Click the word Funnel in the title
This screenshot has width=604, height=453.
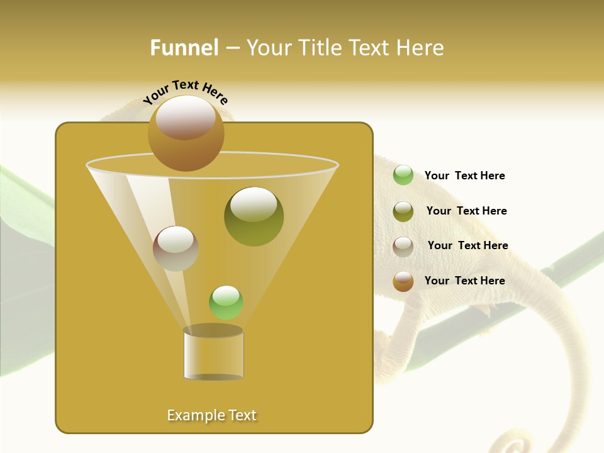[x=184, y=48]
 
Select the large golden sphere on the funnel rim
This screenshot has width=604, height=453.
[x=186, y=133]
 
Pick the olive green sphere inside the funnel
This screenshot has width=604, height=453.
[x=254, y=216]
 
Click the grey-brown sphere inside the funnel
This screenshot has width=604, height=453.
[x=176, y=249]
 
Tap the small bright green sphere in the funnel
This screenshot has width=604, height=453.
[x=226, y=303]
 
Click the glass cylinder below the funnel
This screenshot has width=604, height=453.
[x=213, y=356]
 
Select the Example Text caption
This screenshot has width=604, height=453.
[x=211, y=415]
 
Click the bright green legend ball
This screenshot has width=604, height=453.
[x=403, y=176]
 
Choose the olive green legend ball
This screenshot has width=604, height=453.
[x=403, y=211]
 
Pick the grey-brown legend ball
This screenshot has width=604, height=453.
[x=403, y=246]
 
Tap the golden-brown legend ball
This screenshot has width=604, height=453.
[x=403, y=281]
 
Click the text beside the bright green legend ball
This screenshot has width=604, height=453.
[x=464, y=176]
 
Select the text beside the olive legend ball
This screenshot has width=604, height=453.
[x=466, y=211]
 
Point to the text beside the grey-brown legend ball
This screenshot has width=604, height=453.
[x=467, y=245]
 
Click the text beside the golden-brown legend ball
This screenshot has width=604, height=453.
[x=464, y=281]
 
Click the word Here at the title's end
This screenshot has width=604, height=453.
[x=420, y=48]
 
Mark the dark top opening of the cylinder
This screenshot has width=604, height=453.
[x=213, y=330]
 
